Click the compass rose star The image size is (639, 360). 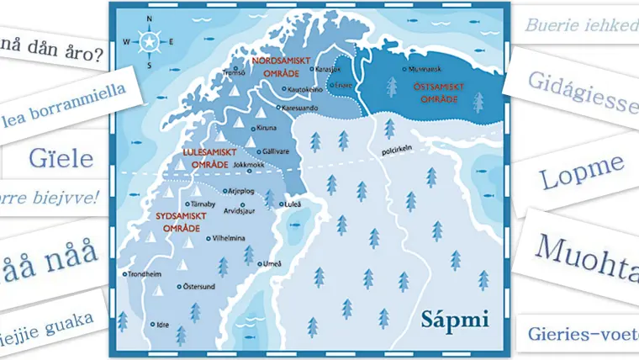point(149,41)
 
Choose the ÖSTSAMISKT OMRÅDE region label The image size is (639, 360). point(436,93)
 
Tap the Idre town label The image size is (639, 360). point(162,324)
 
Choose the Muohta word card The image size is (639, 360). point(581,250)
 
